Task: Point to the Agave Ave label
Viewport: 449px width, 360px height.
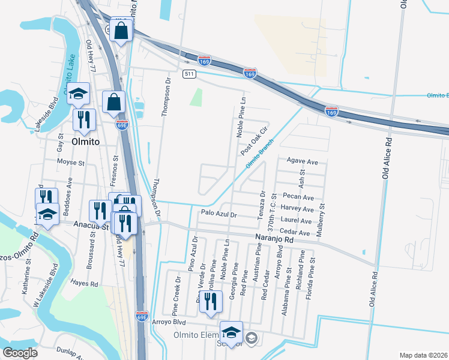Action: pyautogui.click(x=303, y=162)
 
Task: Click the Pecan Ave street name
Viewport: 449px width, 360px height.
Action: pyautogui.click(x=300, y=197)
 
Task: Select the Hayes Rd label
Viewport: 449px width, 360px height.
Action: pyautogui.click(x=83, y=282)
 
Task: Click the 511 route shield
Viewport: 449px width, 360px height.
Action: pyautogui.click(x=190, y=74)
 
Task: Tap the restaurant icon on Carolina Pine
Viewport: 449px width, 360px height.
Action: pyautogui.click(x=209, y=301)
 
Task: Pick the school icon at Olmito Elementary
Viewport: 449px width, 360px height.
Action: pyautogui.click(x=231, y=332)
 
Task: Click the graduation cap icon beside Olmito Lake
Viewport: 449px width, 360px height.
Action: pyautogui.click(x=78, y=94)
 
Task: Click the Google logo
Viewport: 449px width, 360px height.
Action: pyautogui.click(x=20, y=353)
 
